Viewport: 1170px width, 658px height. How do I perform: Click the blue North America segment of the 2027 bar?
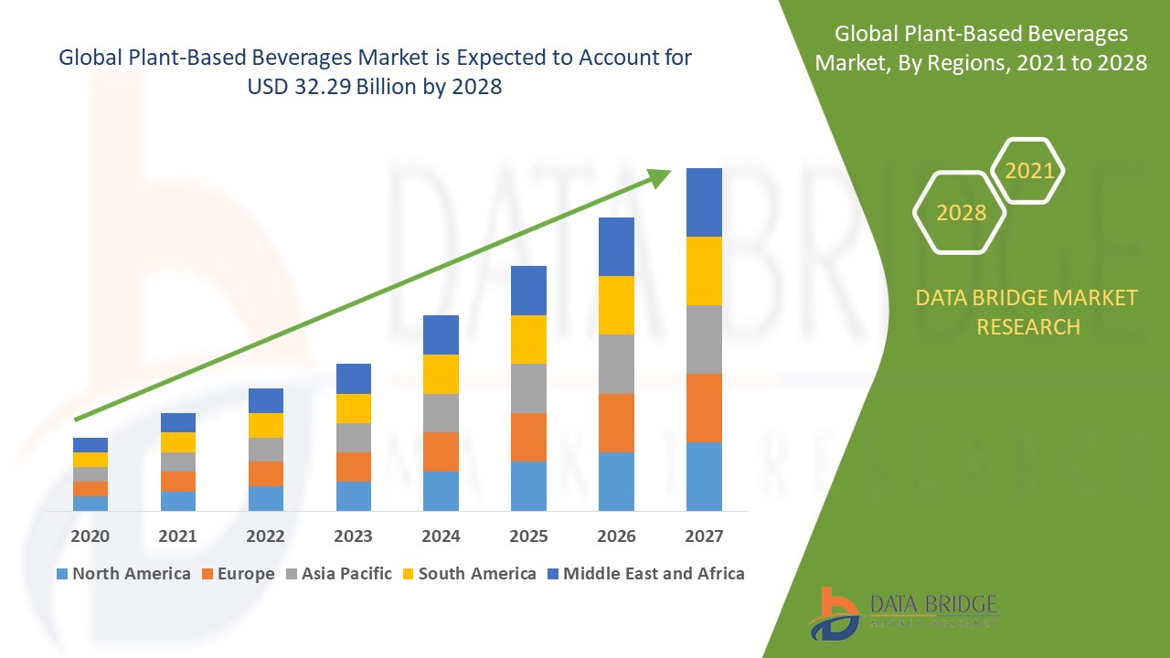click(704, 476)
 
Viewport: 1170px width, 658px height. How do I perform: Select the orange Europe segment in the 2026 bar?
click(616, 422)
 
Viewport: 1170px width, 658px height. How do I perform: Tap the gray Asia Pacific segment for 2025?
click(528, 388)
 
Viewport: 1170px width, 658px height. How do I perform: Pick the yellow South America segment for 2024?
click(441, 374)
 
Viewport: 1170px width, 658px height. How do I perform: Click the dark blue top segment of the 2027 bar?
click(704, 202)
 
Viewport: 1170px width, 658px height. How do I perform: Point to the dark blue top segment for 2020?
click(90, 445)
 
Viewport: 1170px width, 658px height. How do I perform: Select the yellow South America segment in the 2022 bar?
click(266, 425)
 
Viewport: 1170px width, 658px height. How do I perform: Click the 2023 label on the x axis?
click(354, 536)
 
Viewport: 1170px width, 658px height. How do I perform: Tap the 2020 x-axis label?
click(90, 536)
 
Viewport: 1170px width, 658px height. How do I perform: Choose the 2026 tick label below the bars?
click(616, 536)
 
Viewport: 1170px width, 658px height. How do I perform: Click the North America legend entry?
click(123, 574)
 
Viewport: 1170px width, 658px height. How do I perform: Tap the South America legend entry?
click(467, 574)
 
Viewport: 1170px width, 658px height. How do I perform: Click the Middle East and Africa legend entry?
click(644, 574)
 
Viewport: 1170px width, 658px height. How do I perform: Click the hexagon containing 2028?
click(961, 213)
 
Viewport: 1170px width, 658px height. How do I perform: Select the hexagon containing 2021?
click(1028, 171)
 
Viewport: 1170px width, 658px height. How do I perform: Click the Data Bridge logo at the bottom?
click(903, 611)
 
